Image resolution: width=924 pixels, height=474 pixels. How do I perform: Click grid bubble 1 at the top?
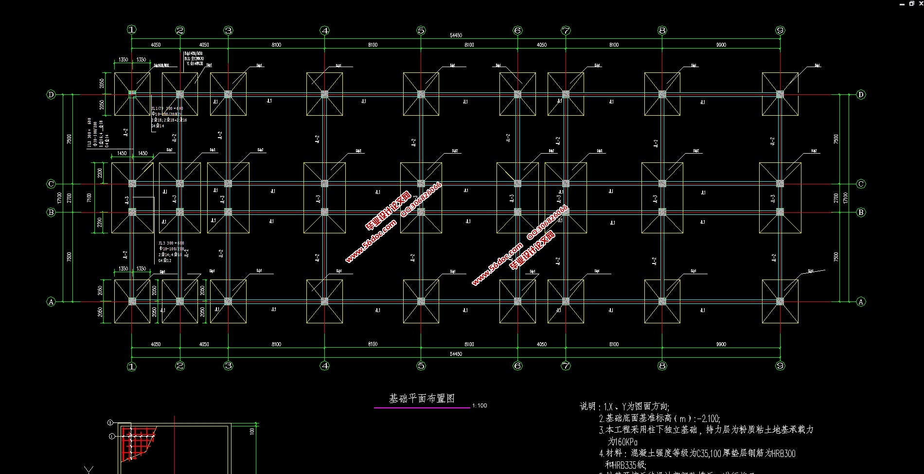132,30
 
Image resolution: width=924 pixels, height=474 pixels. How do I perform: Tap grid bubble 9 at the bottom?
781,366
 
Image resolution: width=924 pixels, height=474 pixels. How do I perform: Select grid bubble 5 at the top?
421,31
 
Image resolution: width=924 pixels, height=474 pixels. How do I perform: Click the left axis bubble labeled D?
51,94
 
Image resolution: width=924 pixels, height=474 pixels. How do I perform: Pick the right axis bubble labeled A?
861,302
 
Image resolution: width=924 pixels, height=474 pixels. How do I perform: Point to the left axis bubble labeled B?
51,212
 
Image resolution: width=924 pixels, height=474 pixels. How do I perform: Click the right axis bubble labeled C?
861,184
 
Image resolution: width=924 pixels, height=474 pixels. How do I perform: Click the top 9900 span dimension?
721,45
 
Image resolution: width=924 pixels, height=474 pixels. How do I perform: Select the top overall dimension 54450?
456,35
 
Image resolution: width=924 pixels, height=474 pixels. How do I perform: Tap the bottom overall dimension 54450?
456,354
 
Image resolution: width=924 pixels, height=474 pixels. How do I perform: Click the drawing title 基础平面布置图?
422,399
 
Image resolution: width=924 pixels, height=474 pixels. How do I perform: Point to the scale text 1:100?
480,405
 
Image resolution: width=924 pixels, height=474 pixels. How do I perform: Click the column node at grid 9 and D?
780,94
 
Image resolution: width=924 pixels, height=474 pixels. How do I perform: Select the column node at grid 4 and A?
325,301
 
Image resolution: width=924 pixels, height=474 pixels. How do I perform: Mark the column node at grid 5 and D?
421,94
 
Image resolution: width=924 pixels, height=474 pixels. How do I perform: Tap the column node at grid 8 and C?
662,184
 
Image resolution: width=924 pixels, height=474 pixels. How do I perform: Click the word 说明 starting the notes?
587,406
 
